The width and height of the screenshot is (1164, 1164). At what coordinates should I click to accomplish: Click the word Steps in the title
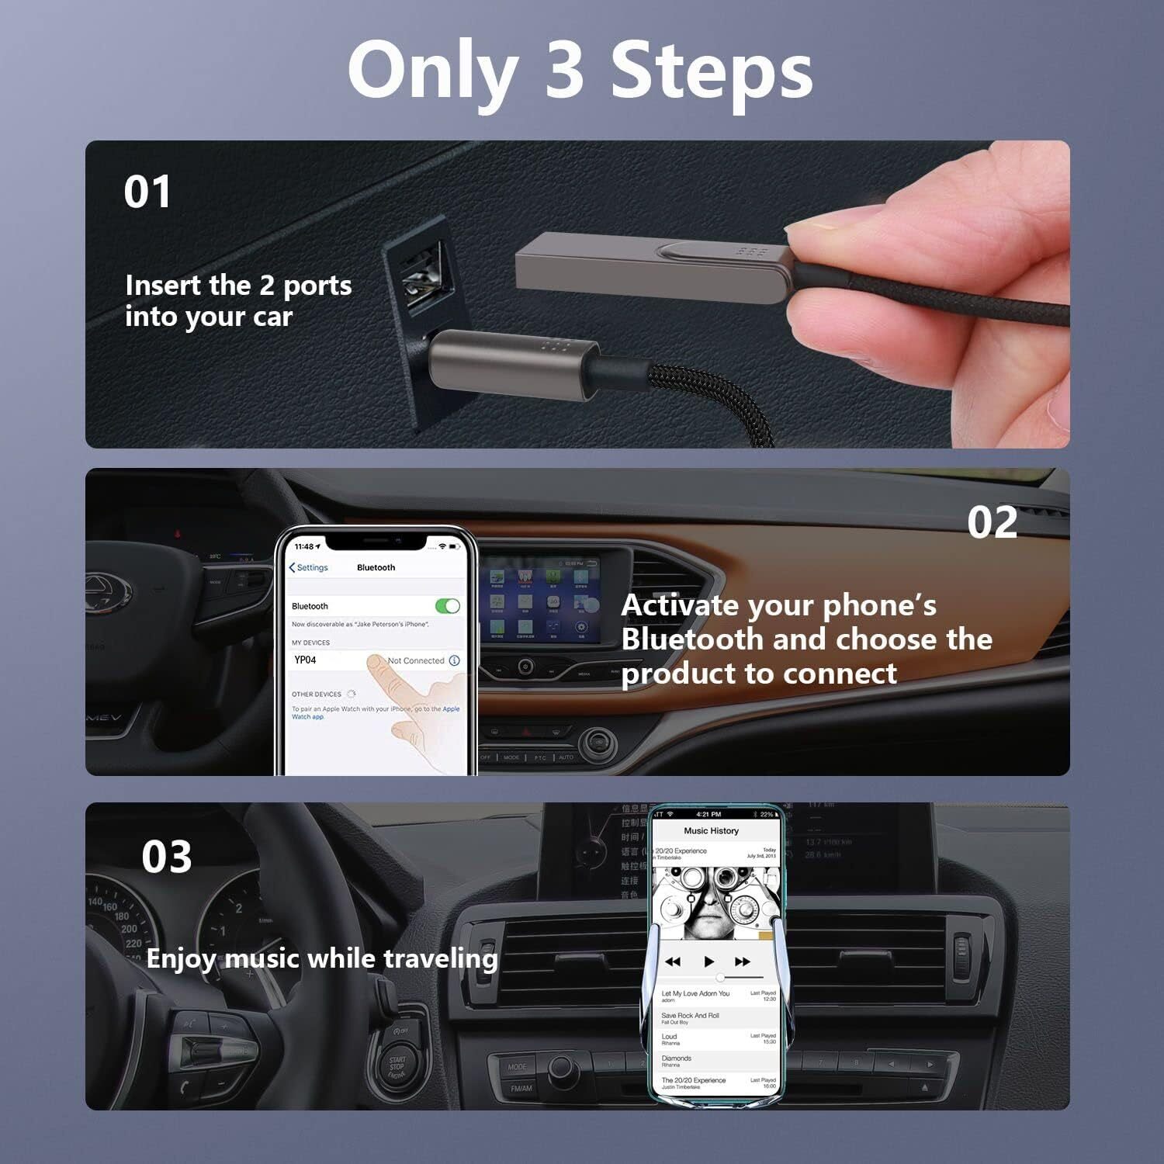[x=712, y=72]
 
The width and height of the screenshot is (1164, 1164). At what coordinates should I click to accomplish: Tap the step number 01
[x=147, y=192]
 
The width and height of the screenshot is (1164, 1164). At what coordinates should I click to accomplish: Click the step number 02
[x=992, y=522]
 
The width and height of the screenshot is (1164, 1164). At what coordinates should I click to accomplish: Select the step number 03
[x=166, y=857]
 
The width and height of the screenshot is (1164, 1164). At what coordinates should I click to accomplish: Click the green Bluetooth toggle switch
[x=448, y=606]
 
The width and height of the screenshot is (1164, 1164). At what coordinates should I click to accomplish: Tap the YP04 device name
[x=305, y=660]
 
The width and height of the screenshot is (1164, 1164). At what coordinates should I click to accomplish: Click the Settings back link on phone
[x=309, y=568]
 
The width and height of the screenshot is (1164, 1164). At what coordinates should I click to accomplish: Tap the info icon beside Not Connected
[x=454, y=660]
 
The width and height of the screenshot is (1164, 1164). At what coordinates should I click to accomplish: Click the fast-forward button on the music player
[x=743, y=961]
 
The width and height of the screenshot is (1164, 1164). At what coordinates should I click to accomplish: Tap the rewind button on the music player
[x=673, y=961]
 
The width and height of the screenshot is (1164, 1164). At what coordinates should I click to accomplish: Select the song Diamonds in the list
[x=676, y=1058]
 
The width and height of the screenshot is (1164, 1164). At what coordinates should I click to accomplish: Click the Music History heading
[x=711, y=831]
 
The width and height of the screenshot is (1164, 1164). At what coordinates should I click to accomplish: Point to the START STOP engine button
[x=397, y=1067]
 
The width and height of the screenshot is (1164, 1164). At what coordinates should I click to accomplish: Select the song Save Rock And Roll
[x=690, y=1016]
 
